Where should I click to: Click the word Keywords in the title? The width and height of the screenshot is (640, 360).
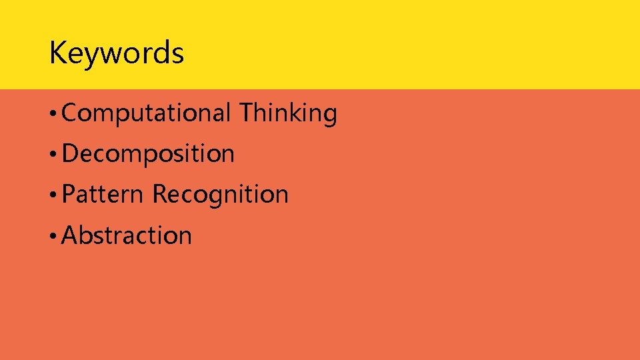[x=116, y=53]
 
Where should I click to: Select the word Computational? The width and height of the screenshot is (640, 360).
[x=146, y=113]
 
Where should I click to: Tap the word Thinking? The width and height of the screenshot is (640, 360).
[x=288, y=113]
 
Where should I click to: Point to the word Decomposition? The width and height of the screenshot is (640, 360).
[x=148, y=154]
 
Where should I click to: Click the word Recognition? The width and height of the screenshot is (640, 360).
[x=220, y=195]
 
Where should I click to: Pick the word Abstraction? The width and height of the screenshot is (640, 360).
[x=127, y=235]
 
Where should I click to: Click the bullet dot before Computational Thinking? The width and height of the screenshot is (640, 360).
[x=53, y=115]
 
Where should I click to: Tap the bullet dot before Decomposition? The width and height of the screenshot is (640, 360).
[x=53, y=155]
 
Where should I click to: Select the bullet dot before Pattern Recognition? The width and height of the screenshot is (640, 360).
[x=53, y=196]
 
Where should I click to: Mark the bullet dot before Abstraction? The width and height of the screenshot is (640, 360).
[x=53, y=237]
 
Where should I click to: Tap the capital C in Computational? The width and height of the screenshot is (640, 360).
[x=69, y=113]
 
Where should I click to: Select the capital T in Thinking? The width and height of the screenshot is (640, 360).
[x=246, y=113]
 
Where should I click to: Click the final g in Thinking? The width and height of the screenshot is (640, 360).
[x=329, y=116]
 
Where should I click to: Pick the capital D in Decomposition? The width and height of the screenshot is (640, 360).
[x=70, y=154]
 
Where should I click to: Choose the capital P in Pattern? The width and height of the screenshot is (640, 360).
[x=68, y=195]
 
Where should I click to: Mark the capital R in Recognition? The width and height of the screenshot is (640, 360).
[x=160, y=195]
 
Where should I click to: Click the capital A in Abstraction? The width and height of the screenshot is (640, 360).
[x=69, y=235]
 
